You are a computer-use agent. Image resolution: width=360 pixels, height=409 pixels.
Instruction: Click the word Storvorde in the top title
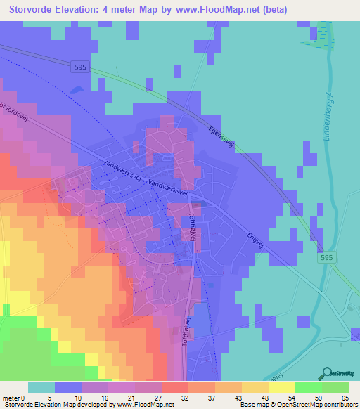(30, 8)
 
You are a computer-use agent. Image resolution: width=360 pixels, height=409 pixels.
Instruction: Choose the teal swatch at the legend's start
(41, 387)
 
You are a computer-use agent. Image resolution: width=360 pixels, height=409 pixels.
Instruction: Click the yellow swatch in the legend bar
(282, 387)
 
